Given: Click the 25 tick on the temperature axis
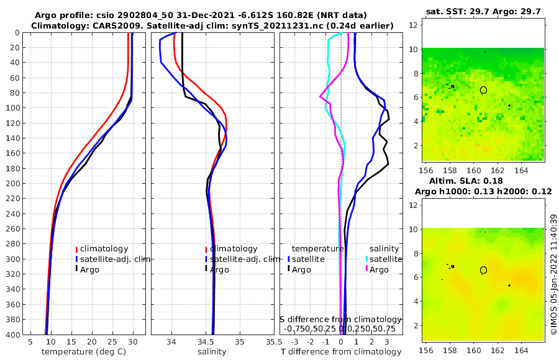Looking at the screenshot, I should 112,342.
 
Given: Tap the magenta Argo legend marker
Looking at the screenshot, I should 366,269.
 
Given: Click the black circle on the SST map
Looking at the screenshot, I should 484,90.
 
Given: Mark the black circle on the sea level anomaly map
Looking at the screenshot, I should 484,270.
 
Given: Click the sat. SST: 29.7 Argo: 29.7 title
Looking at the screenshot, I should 483,11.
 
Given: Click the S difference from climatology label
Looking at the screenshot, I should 340,319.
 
